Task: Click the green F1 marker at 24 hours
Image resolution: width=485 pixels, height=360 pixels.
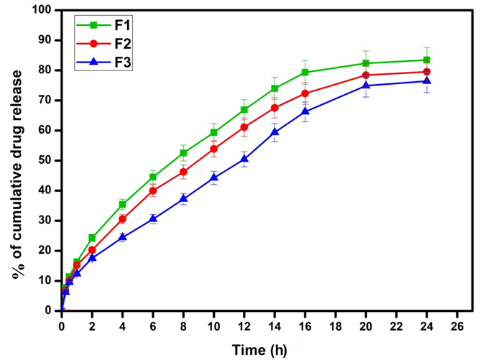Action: pyautogui.click(x=427, y=60)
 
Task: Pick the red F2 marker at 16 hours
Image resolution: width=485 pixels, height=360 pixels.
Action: pyautogui.click(x=305, y=93)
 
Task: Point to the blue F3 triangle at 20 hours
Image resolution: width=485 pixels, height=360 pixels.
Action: pyautogui.click(x=366, y=86)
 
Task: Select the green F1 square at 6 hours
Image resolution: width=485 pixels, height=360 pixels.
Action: pyautogui.click(x=153, y=177)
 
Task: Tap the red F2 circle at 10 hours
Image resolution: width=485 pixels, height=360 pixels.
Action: pyautogui.click(x=214, y=149)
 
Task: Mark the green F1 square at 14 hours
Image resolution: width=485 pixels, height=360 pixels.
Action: pyautogui.click(x=274, y=88)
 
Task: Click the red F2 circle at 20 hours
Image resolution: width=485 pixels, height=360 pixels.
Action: pyautogui.click(x=366, y=75)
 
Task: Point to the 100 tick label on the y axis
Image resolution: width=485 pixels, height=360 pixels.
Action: pyautogui.click(x=45, y=11)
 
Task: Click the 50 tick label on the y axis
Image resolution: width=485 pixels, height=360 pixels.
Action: pyautogui.click(x=47, y=160)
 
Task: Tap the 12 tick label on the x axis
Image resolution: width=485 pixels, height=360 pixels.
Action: pyautogui.click(x=244, y=326)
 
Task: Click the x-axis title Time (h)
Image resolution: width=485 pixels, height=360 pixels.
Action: pyautogui.click(x=259, y=349)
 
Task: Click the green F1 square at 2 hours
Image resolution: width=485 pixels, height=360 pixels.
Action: pyautogui.click(x=92, y=238)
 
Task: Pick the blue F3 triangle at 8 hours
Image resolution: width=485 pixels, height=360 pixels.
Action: pyautogui.click(x=183, y=198)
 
